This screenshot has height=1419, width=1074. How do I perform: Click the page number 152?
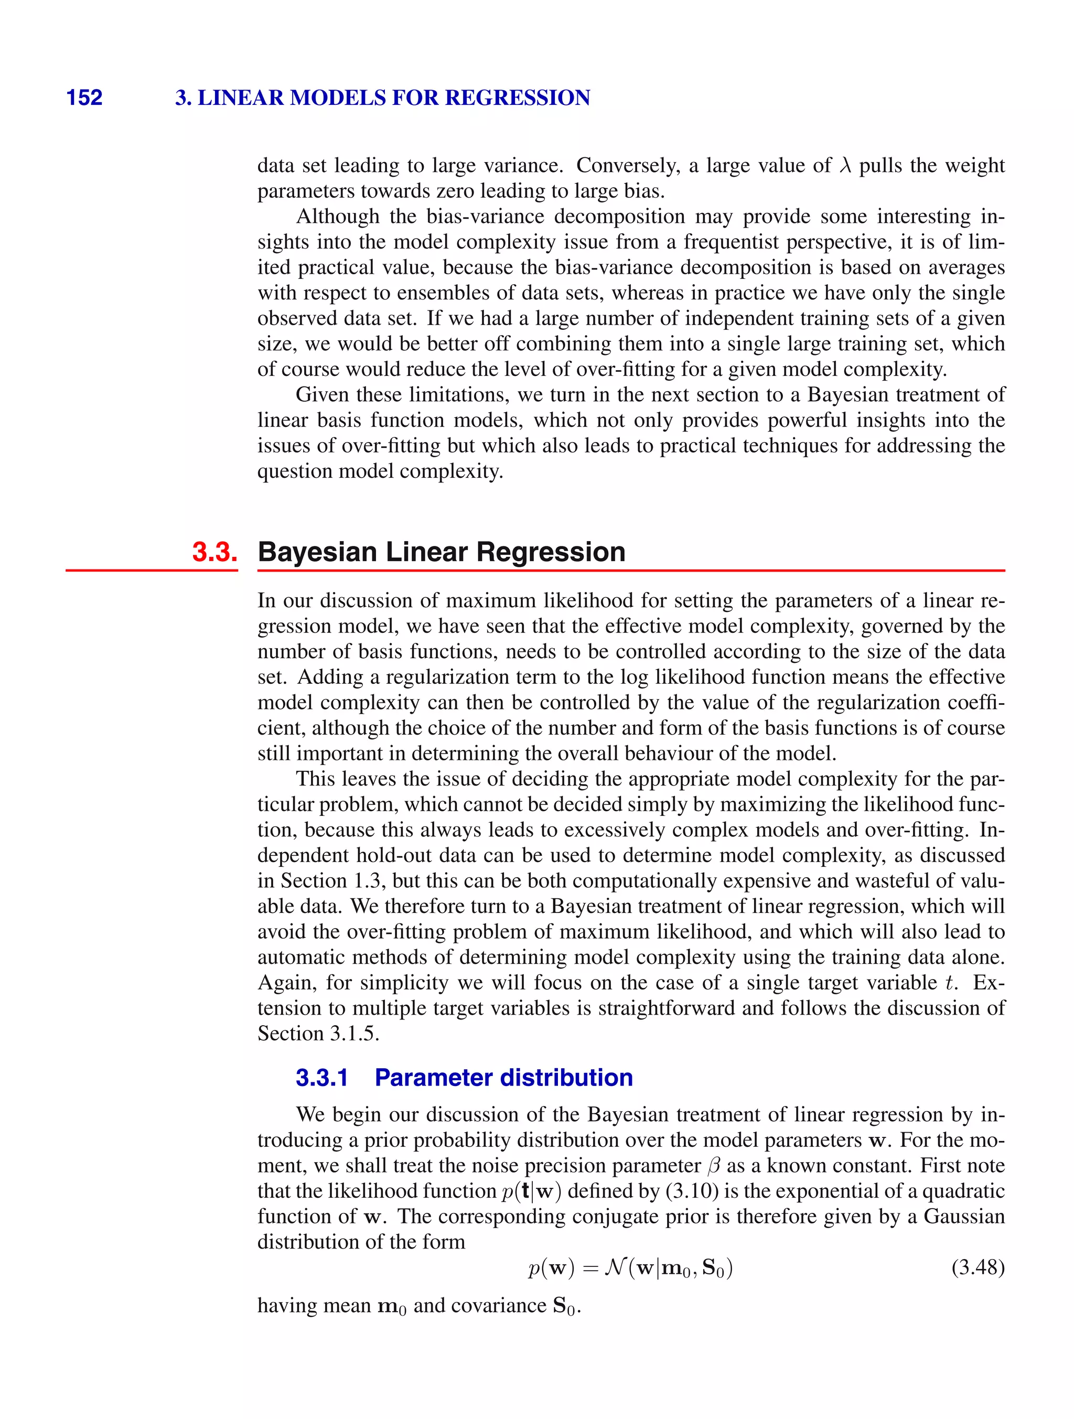pos(84,98)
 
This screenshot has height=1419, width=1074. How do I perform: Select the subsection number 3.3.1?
pos(321,1078)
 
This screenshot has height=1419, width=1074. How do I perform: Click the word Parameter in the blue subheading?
pos(432,1078)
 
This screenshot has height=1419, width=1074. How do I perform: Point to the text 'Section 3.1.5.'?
pos(318,1034)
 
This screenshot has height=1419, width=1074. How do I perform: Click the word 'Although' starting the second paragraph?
pos(338,217)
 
